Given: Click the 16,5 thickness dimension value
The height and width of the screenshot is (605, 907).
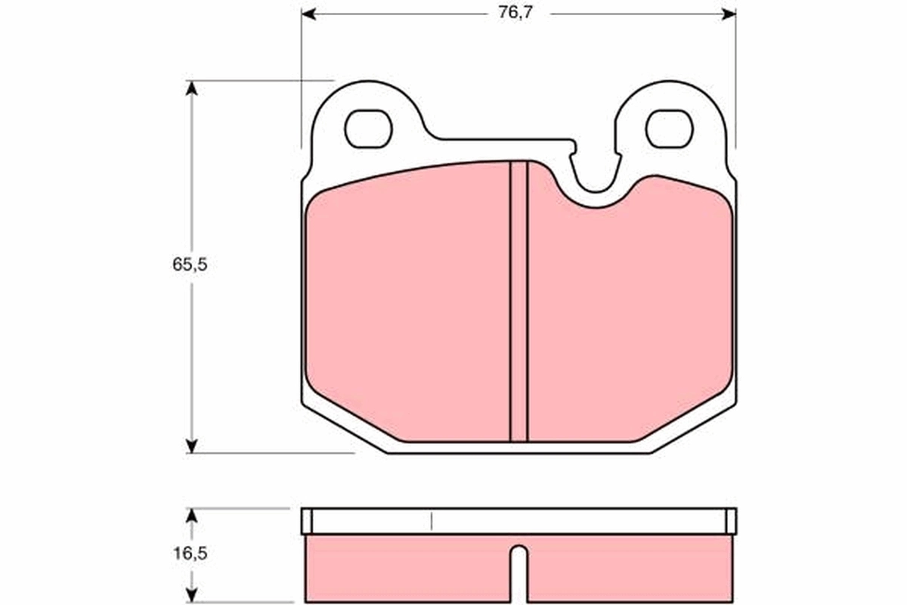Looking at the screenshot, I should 189,554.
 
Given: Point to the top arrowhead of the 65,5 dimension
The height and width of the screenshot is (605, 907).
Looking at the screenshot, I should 192,88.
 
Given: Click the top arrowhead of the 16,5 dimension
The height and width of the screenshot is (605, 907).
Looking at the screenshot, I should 192,515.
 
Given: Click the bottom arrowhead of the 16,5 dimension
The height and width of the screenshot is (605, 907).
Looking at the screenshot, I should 192,597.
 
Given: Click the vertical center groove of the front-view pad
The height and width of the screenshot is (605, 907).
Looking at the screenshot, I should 519,302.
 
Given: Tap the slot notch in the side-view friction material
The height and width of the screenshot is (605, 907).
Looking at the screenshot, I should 519,571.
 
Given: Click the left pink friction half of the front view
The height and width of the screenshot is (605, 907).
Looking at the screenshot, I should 408,302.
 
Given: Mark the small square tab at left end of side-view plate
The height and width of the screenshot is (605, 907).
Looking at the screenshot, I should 306,520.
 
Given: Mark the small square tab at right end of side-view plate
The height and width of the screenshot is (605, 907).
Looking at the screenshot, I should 731,520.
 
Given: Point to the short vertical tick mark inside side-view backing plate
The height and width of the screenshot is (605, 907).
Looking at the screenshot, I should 431,520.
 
